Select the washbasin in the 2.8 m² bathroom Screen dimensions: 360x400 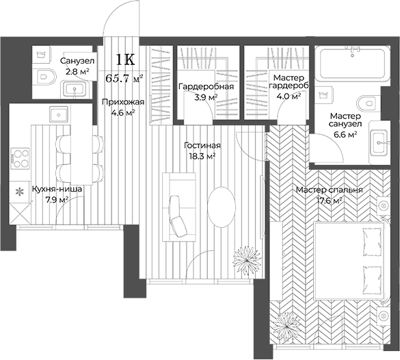coord(74,88)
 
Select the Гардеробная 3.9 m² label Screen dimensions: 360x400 coord(206,92)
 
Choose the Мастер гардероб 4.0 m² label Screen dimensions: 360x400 coord(288,86)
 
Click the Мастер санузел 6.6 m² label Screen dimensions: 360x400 coord(344,125)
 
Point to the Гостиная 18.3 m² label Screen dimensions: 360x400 coord(202,151)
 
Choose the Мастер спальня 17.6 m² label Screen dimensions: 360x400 coord(330,195)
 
